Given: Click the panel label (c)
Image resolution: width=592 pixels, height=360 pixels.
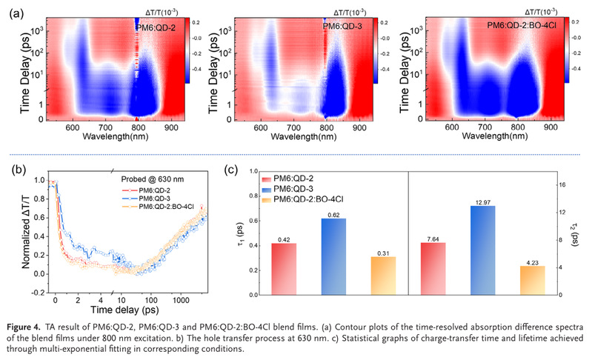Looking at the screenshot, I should (232, 169).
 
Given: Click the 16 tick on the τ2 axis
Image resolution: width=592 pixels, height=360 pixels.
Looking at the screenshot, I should (562, 184).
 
